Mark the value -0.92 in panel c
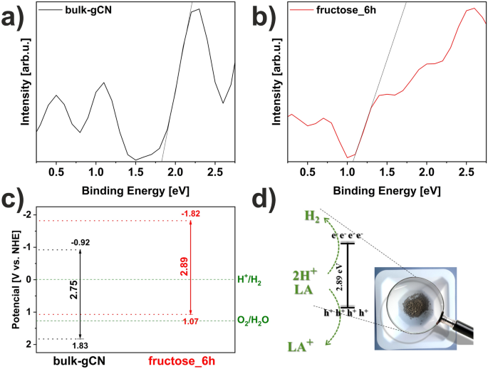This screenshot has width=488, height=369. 81,242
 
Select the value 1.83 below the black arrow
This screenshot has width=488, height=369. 80,345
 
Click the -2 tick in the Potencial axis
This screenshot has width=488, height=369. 26,215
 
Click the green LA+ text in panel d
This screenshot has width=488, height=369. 303,346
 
